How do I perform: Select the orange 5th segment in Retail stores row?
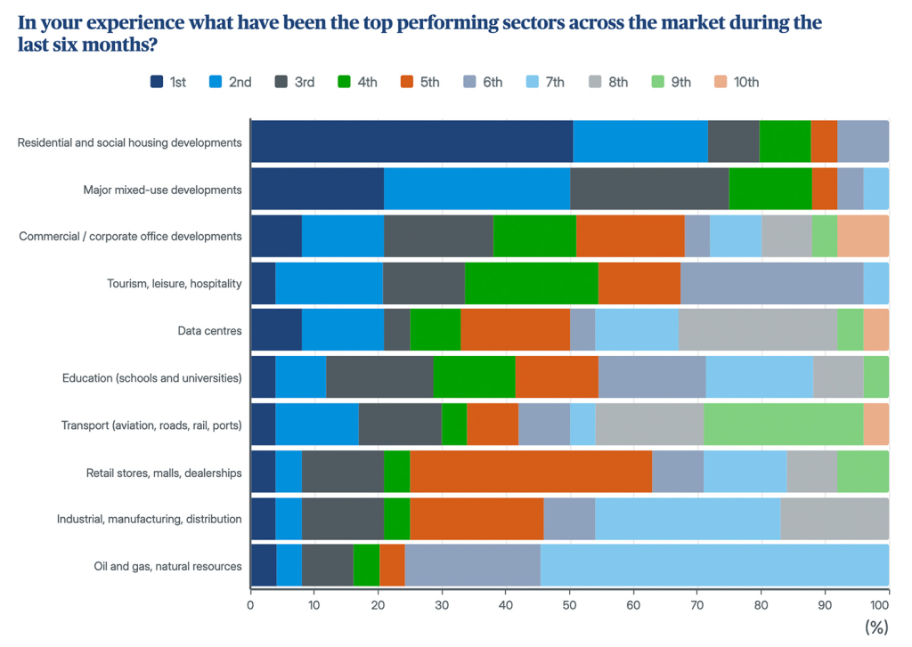coord(531,472)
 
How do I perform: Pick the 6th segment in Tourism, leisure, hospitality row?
coord(771,283)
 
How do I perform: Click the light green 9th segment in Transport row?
coord(784,425)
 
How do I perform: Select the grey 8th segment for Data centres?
coord(758,330)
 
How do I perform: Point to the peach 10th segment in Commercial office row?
coord(863,236)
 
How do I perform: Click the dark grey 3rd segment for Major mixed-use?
coord(649,190)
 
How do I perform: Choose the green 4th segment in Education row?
coord(474,377)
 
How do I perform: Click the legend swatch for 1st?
coord(158,82)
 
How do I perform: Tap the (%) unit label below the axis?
coord(876,627)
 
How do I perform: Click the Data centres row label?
coord(209,331)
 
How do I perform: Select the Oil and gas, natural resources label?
coord(167,566)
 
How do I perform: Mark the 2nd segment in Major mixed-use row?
coord(476,190)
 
